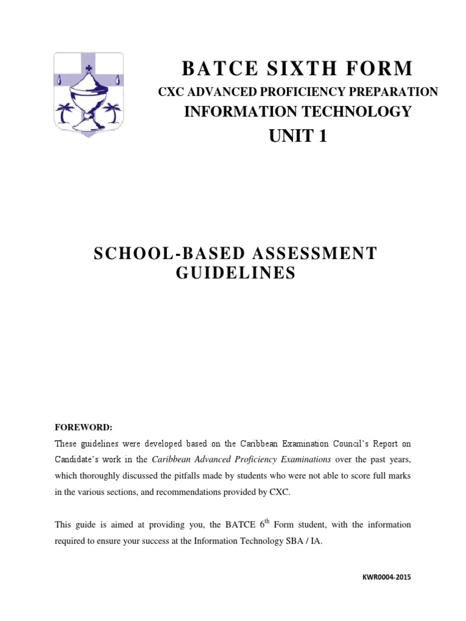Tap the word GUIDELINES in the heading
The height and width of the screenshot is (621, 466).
point(235,274)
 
